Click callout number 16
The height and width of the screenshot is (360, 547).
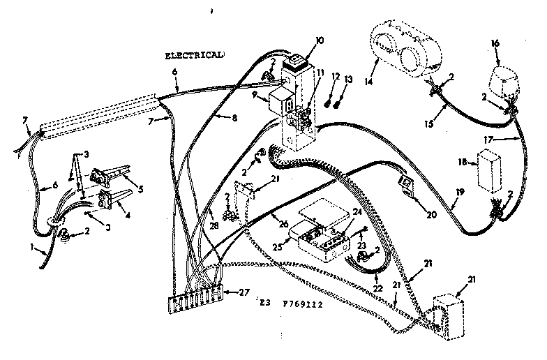click(496, 43)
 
